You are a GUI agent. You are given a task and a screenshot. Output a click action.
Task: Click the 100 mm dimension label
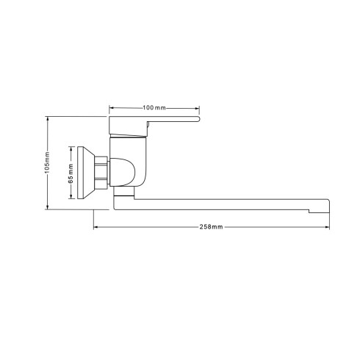pyautogui.click(x=154, y=108)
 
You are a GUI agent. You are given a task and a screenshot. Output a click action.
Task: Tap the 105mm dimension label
pyautogui.click(x=47, y=162)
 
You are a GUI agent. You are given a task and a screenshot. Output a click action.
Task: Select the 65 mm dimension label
pyautogui.click(x=71, y=173)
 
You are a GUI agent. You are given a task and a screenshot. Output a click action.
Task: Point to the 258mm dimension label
pyautogui.click(x=211, y=227)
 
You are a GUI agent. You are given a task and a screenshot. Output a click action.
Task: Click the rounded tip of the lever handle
pyautogui.click(x=198, y=119)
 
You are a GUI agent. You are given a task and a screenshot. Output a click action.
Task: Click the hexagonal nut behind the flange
pyautogui.click(x=101, y=173)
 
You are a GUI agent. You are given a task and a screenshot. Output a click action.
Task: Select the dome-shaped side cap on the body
pyautogui.click(x=122, y=172)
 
